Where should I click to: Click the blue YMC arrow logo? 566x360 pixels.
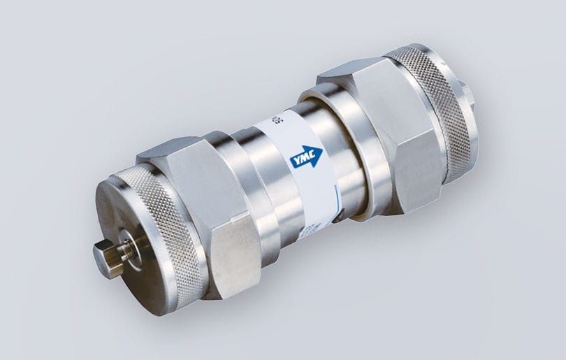click(x=306, y=157)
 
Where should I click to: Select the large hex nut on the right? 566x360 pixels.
click(x=381, y=133)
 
